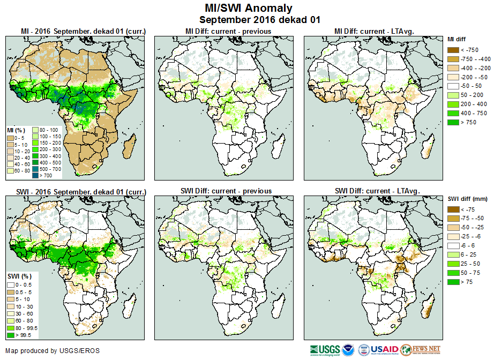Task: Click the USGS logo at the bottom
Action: tap(324, 350)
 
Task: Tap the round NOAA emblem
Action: tap(349, 350)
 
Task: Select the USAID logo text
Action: tap(383, 350)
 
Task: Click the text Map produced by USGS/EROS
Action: tap(52, 351)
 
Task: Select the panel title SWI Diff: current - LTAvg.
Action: tap(376, 191)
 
